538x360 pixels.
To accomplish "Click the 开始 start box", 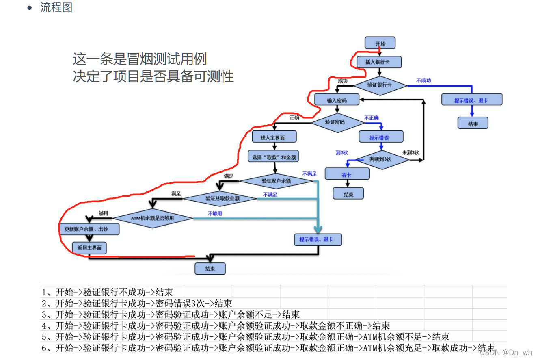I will [x=380, y=43].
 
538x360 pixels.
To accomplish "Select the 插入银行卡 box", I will [x=379, y=62].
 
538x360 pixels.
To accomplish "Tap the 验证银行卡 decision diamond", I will [x=380, y=85].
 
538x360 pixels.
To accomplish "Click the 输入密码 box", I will [x=337, y=100].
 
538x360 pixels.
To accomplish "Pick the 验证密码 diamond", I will [x=337, y=121].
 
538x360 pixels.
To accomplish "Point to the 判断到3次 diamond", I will [x=380, y=160].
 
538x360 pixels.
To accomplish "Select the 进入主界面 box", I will [x=274, y=137].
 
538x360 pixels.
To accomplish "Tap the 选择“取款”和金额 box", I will [x=274, y=156].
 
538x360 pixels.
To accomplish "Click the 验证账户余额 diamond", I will [x=276, y=181].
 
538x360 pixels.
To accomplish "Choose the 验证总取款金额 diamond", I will [x=220, y=199].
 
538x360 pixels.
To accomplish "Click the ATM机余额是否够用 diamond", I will [x=153, y=219].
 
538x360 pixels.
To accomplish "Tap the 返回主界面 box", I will [x=89, y=248].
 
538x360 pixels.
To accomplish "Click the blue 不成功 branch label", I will [x=423, y=80].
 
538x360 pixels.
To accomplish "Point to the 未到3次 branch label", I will [x=411, y=152].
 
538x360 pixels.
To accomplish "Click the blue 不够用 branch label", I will [x=215, y=213].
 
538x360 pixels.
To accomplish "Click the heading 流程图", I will [x=56, y=7].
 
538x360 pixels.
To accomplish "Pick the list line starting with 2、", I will [x=137, y=303].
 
